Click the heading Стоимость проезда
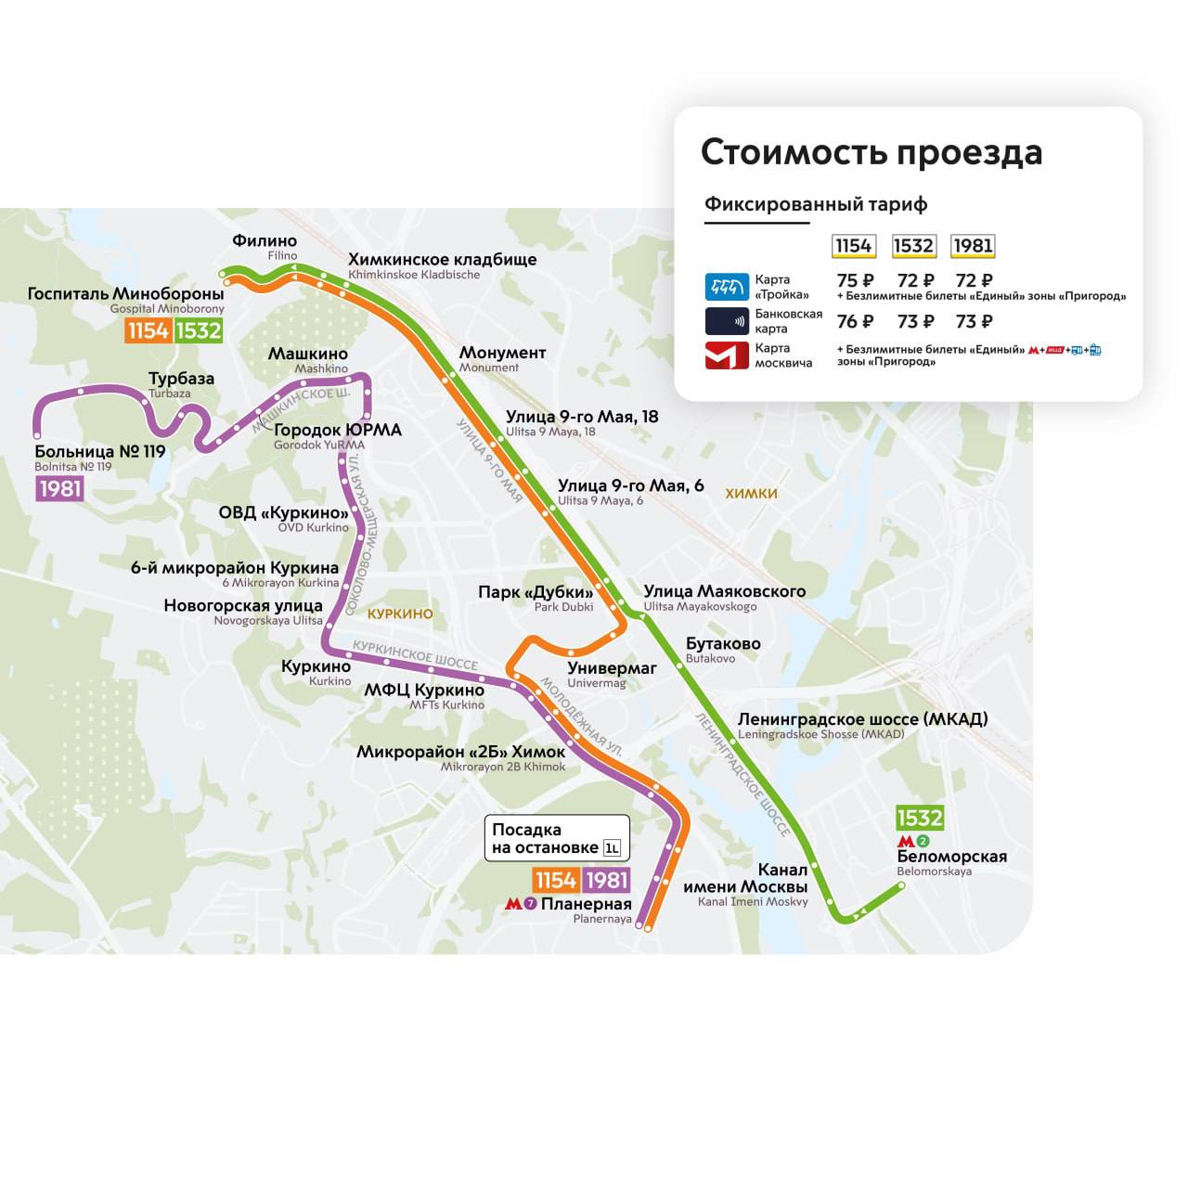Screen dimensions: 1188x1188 tap(871, 152)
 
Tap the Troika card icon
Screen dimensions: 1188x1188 tap(727, 287)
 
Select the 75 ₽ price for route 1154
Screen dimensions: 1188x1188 tap(855, 280)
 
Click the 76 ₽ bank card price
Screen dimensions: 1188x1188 tap(855, 321)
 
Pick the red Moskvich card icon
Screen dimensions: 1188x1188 tap(727, 355)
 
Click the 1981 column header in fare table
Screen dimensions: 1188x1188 tap(973, 246)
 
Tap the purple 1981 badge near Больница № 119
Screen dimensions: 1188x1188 tap(59, 488)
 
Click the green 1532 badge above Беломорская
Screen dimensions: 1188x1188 tap(919, 818)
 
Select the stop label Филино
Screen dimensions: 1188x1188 tap(265, 241)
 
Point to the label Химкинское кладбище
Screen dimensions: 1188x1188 tap(442, 260)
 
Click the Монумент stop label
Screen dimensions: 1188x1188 tap(502, 353)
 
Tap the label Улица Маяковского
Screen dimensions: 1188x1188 tap(724, 591)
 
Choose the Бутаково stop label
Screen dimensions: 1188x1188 tap(723, 643)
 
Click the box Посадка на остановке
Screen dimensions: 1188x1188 tap(557, 839)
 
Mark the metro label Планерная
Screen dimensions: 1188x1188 tap(586, 904)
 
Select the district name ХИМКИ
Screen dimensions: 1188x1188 tap(751, 494)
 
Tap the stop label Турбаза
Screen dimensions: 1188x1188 tap(181, 379)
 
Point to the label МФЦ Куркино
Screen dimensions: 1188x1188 tap(424, 691)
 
